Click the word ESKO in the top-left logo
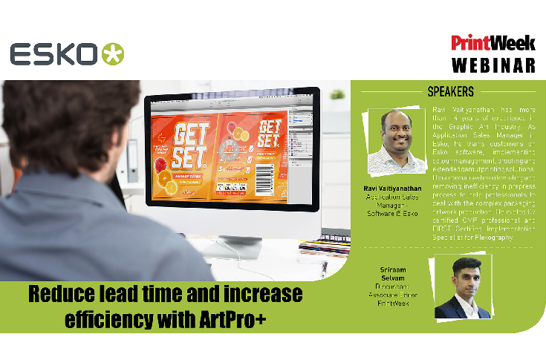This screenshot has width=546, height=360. [x=54, y=53]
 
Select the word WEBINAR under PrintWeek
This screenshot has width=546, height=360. [x=493, y=65]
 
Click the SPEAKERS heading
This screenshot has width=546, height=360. [x=450, y=92]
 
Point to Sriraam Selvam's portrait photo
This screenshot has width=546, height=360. [x=462, y=287]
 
